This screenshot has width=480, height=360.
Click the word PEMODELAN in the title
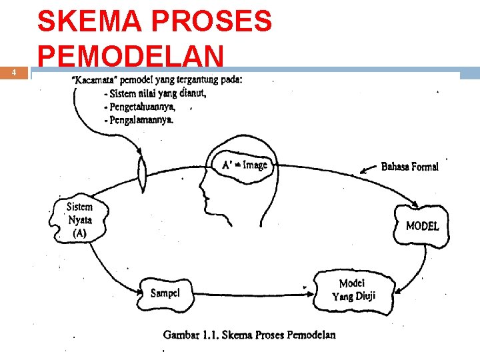tap(130, 56)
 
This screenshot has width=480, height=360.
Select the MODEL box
tap(422, 226)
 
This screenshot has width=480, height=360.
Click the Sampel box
tap(165, 293)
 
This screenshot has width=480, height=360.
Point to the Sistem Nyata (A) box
tap(78, 220)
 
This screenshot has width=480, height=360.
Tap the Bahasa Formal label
tap(409, 167)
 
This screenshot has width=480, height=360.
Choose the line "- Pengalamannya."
tap(139, 120)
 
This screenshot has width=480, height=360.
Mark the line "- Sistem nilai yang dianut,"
tap(155, 93)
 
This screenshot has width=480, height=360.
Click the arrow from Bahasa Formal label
tap(368, 169)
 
